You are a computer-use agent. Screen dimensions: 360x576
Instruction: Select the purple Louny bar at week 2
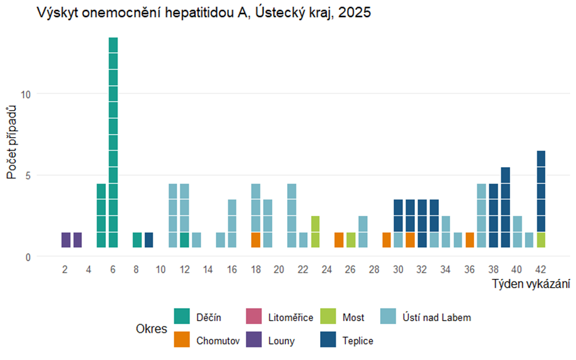click(x=65, y=240)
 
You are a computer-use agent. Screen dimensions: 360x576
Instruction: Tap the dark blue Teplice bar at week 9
click(x=149, y=240)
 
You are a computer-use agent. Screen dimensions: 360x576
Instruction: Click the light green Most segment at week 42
click(x=541, y=240)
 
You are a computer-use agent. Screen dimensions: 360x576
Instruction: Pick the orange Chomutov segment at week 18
click(x=255, y=240)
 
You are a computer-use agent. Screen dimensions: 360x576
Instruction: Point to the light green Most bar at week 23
click(x=315, y=232)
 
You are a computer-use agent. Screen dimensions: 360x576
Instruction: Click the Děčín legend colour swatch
click(x=182, y=317)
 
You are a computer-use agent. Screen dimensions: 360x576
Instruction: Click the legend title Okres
click(x=150, y=329)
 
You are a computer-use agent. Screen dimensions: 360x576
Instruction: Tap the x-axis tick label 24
click(x=327, y=269)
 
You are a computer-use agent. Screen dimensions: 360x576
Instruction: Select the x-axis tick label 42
click(x=541, y=269)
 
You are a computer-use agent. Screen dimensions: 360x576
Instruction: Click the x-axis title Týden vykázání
click(x=531, y=285)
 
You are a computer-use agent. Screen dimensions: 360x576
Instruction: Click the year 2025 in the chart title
click(x=354, y=13)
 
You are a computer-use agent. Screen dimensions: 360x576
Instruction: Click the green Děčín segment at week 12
click(x=184, y=240)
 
